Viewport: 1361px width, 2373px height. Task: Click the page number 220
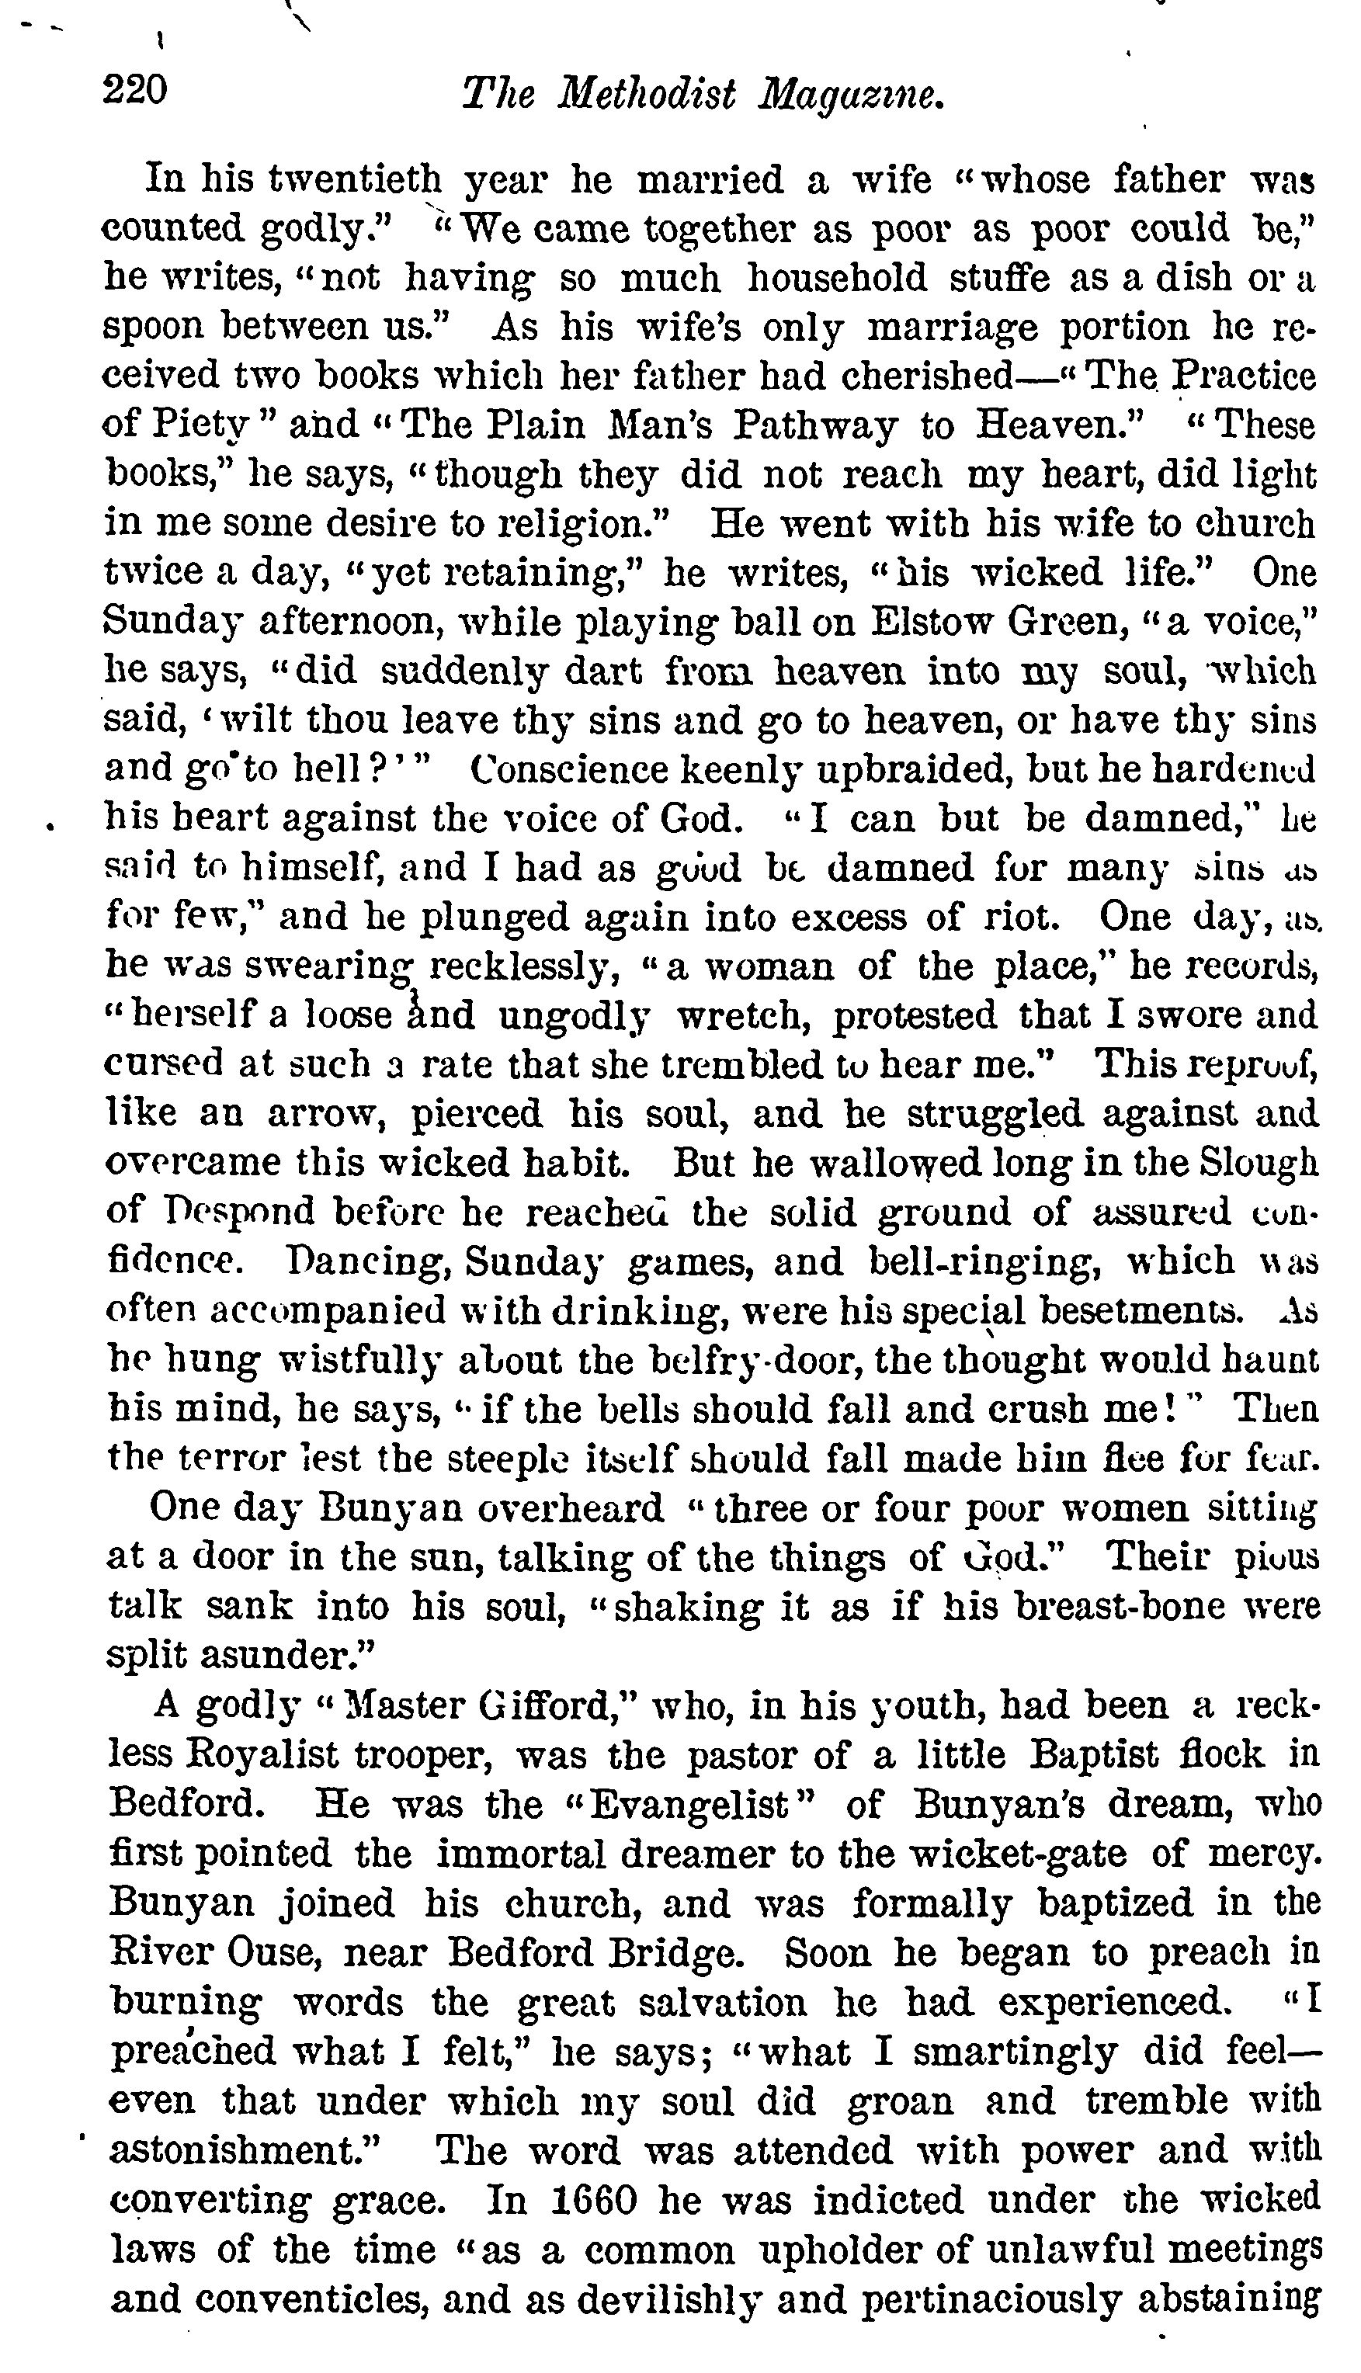pyautogui.click(x=136, y=91)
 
